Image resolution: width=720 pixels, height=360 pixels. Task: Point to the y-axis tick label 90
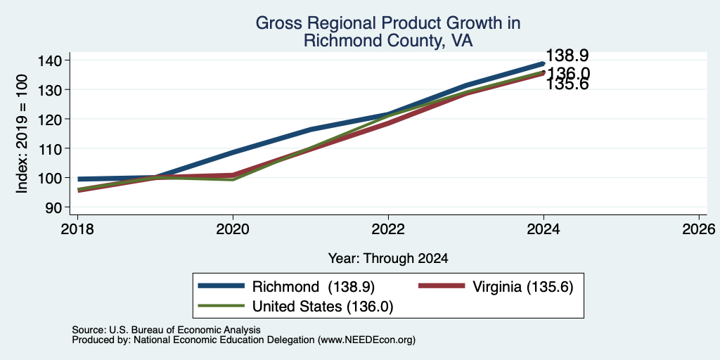pyautogui.click(x=59, y=207)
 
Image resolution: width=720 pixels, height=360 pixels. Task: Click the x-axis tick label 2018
pyautogui.click(x=77, y=229)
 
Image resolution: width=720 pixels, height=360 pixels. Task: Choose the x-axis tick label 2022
pyautogui.click(x=388, y=229)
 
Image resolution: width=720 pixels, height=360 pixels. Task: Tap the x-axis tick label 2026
pyautogui.click(x=700, y=229)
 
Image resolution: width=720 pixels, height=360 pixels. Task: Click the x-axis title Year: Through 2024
pyautogui.click(x=388, y=259)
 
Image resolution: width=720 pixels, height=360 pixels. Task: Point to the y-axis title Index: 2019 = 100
pyautogui.click(x=22, y=134)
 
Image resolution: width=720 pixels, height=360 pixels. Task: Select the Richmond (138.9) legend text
pyautogui.click(x=314, y=287)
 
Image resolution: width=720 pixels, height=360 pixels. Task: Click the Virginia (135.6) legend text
pyautogui.click(x=523, y=287)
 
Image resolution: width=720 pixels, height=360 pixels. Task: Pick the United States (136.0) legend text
pyautogui.click(x=323, y=307)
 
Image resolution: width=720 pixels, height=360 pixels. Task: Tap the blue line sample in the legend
pyautogui.click(x=221, y=286)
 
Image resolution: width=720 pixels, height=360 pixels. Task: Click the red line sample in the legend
pyautogui.click(x=442, y=286)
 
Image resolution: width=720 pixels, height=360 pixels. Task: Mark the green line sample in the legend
pyautogui.click(x=221, y=306)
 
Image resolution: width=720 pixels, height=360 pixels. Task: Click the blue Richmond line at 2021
pyautogui.click(x=311, y=129)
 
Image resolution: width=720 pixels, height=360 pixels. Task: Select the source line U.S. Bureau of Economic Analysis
pyautogui.click(x=166, y=330)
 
